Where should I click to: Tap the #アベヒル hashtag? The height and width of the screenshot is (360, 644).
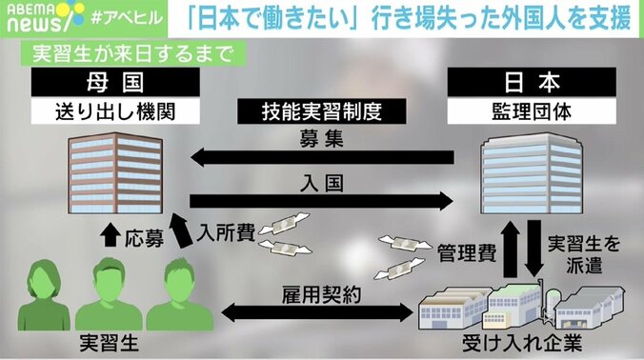[104, 16]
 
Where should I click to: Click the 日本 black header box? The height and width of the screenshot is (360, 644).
[533, 83]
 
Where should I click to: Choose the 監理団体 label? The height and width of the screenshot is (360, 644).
[533, 111]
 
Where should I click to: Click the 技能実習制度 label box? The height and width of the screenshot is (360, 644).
[323, 111]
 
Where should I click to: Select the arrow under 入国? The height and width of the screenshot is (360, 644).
[323, 200]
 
